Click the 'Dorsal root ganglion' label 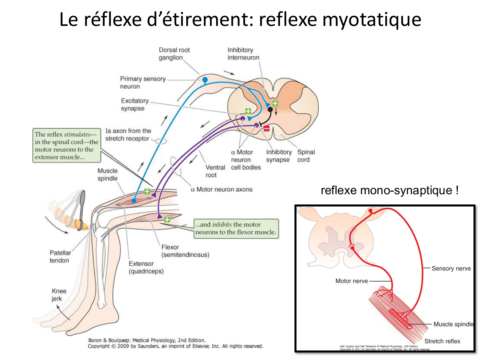[174, 54]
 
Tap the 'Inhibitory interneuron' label [243, 54]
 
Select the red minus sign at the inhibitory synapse [266, 128]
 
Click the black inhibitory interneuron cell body [270, 109]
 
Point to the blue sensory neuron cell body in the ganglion [205, 79]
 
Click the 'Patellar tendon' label [60, 257]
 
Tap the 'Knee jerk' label [59, 295]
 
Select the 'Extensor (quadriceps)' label [146, 268]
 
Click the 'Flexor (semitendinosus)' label [185, 251]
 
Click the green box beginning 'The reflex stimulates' [67, 146]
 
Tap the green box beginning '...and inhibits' [236, 228]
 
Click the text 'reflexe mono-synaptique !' [389, 190]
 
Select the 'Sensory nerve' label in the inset [451, 268]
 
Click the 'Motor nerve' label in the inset [351, 281]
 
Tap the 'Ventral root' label [215, 171]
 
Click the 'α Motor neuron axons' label [221, 189]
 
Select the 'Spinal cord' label [306, 156]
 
